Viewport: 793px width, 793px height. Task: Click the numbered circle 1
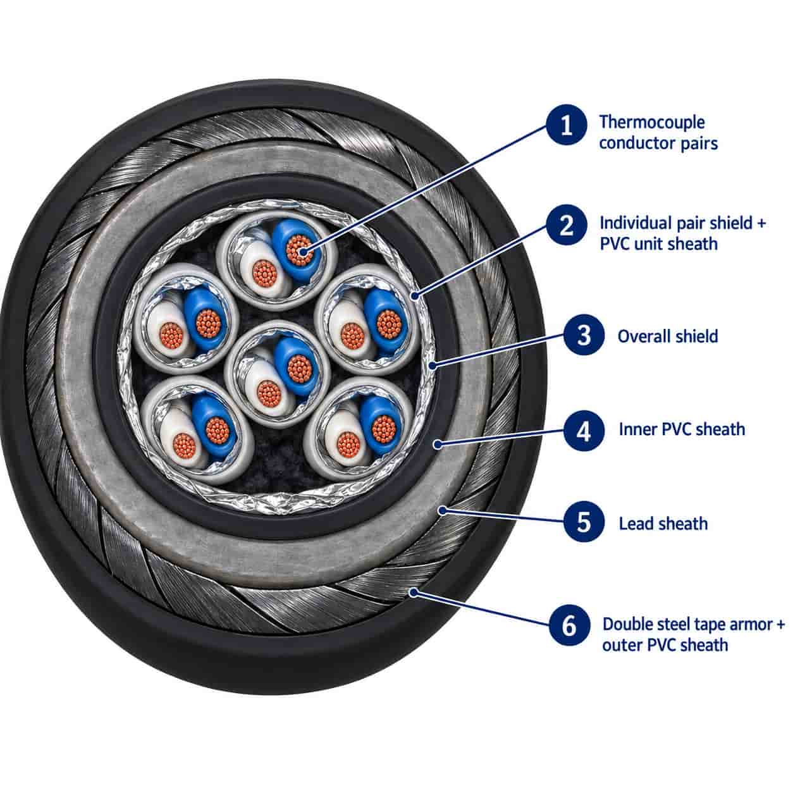(x=567, y=125)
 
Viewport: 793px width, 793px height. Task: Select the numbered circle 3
(x=584, y=335)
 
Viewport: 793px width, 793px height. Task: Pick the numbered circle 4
(x=584, y=430)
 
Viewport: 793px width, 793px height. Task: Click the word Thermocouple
(x=652, y=123)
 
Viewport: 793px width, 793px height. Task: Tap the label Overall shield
(x=668, y=336)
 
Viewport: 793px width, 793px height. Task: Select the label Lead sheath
(x=663, y=524)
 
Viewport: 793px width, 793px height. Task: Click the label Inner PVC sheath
(x=682, y=429)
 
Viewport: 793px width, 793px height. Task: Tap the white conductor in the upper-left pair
(x=169, y=333)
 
